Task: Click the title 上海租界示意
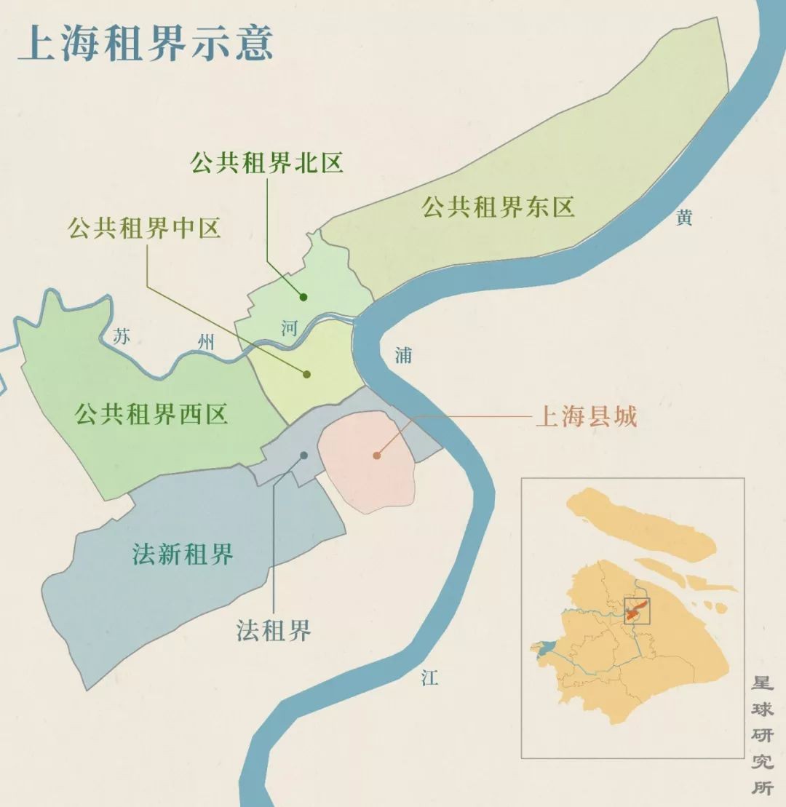(146, 42)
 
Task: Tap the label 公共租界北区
(266, 163)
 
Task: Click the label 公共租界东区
(499, 207)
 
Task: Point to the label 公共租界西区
(151, 415)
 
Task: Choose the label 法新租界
(183, 555)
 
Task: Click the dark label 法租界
(274, 630)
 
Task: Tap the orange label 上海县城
(586, 417)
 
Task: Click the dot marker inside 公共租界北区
(303, 297)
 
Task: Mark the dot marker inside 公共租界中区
(306, 374)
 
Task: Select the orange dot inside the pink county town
(376, 456)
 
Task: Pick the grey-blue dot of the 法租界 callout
(303, 456)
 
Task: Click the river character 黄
(683, 218)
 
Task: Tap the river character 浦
(403, 355)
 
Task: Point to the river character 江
(429, 679)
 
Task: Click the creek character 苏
(122, 336)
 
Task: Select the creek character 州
(207, 341)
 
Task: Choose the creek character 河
(289, 327)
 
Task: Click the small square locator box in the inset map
(636, 611)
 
